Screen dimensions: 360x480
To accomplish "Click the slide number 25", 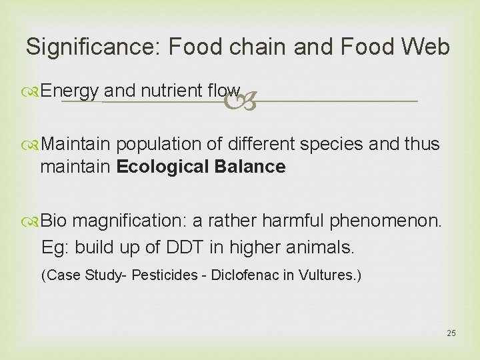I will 451,333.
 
